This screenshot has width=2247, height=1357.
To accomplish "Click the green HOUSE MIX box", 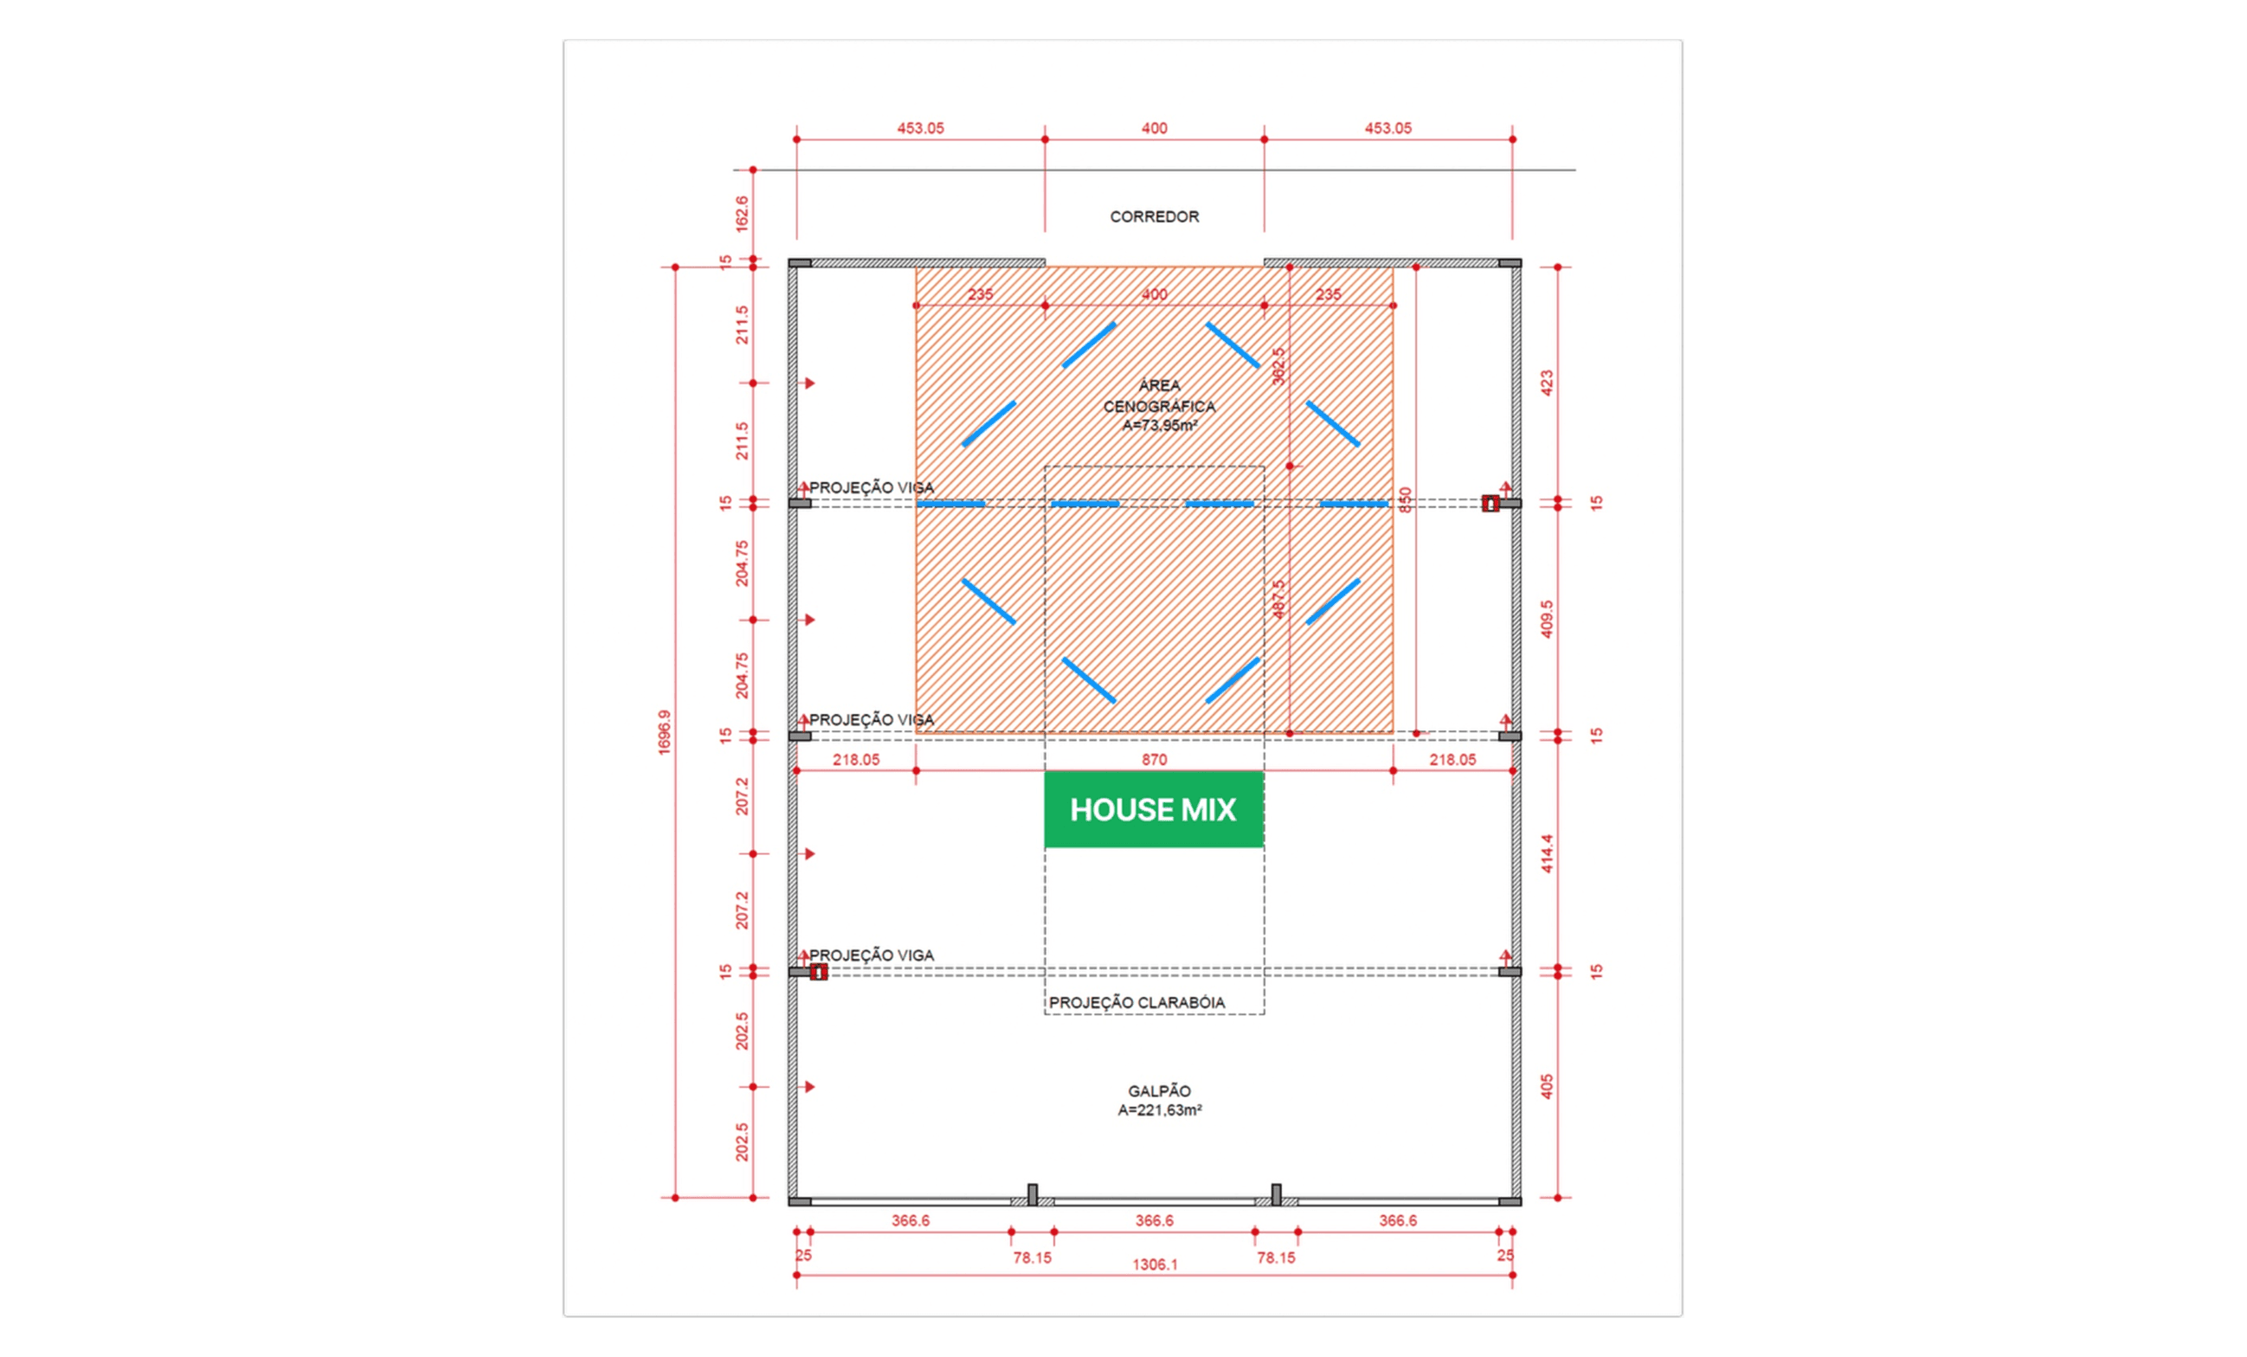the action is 1154,810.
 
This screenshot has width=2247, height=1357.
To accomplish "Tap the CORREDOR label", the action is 1155,217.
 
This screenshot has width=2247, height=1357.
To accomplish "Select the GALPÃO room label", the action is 1159,1090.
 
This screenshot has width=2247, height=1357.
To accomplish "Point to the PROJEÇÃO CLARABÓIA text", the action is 1136,1002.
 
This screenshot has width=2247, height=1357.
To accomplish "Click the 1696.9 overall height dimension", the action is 664,732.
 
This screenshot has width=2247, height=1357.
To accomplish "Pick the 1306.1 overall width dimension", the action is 1155,1264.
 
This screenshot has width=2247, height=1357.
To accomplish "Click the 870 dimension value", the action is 1155,760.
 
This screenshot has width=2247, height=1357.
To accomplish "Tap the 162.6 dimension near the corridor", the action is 742,214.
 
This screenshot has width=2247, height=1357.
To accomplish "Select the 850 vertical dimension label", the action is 1406,499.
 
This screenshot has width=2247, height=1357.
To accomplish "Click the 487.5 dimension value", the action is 1278,599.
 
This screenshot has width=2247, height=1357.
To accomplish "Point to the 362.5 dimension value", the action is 1278,366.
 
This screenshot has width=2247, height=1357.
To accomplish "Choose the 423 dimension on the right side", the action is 1547,383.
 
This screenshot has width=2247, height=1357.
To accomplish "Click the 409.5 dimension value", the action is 1547,618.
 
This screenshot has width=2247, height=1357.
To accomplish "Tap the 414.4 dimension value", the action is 1547,853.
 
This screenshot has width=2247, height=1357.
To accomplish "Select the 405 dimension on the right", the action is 1547,1086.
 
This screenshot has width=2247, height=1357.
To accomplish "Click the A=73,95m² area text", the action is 1159,426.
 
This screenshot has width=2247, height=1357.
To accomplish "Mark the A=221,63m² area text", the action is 1159,1109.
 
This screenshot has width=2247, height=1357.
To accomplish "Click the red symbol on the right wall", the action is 1490,504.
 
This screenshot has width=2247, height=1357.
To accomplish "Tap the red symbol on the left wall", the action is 818,972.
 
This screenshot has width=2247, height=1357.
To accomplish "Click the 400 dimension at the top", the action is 1155,129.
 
